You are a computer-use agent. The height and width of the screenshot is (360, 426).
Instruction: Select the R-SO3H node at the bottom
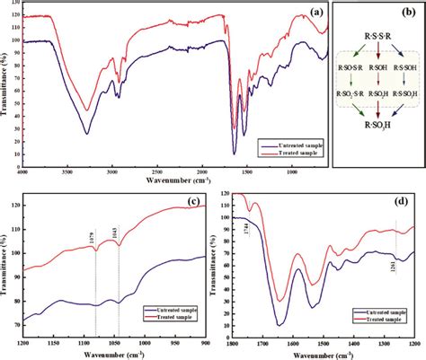point(377,139)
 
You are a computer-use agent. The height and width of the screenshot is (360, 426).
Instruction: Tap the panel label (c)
point(193,199)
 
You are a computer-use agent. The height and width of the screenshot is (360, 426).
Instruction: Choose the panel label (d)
point(407,198)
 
